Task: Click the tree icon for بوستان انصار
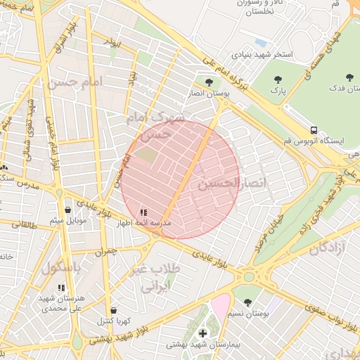pos(207,82)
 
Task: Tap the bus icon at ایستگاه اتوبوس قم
pos(314,130)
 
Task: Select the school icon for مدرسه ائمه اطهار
pos(144,212)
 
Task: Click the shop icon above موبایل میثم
pos(67,210)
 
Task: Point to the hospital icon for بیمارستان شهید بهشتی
pos(203,333)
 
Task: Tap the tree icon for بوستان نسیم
pos(247,302)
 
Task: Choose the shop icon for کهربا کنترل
pos(112,310)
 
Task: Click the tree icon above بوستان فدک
pos(349,77)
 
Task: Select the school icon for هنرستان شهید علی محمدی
pos(61,288)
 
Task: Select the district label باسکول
pos(61,268)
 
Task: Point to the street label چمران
pos(104,251)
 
